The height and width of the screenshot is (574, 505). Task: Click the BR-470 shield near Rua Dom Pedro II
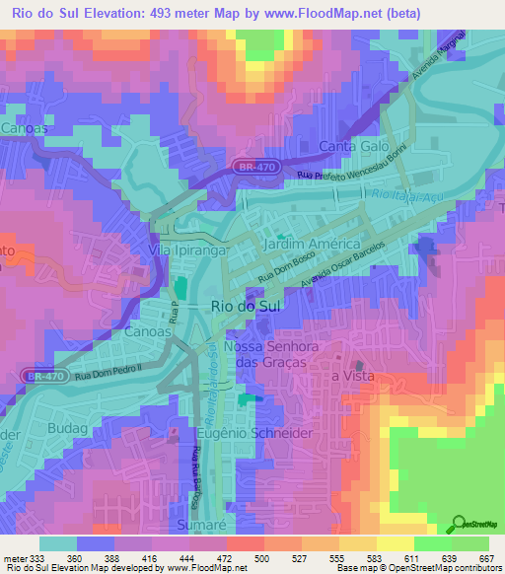click(38, 376)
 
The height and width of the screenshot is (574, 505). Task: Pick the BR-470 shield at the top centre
click(255, 168)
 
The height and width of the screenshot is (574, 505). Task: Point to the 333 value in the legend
click(36, 557)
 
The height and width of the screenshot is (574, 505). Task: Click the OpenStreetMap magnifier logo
click(457, 525)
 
